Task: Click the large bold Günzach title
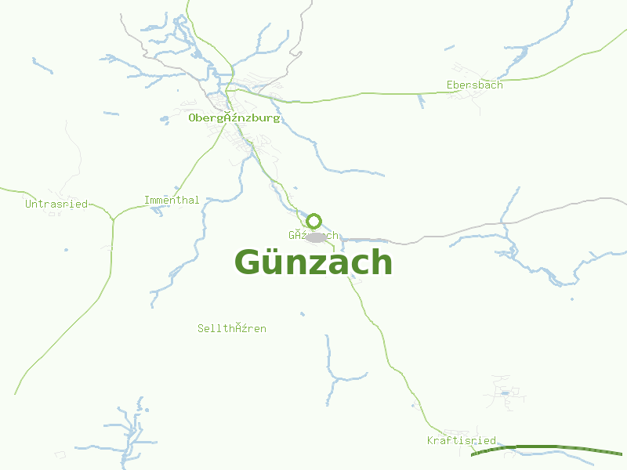point(313,262)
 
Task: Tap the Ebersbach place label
point(474,85)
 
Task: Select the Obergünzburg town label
point(234,118)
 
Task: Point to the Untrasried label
point(56,204)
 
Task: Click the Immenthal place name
point(172,201)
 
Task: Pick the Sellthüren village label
point(232,328)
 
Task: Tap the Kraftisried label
point(462,440)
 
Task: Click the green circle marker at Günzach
point(314,221)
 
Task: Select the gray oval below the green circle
point(316,237)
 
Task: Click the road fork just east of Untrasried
point(113,219)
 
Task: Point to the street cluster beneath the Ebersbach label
point(473,97)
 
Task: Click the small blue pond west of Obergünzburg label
point(165,120)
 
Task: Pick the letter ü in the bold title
point(275,262)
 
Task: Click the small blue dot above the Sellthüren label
point(302,314)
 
